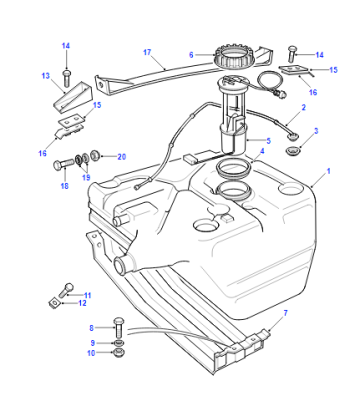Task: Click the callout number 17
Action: [147, 52]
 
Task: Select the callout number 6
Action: [191, 55]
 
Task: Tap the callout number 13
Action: [45, 76]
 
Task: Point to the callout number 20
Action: [122, 157]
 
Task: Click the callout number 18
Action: [64, 186]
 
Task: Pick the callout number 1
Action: [328, 171]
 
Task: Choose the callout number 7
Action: [285, 313]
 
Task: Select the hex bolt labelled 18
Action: [64, 164]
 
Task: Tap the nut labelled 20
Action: [95, 155]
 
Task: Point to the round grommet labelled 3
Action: [293, 150]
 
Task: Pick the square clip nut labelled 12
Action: [53, 303]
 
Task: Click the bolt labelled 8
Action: [119, 327]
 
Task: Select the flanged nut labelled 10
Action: [119, 353]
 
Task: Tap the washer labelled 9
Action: [119, 343]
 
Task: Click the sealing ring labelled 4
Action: [233, 167]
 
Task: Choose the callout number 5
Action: [269, 141]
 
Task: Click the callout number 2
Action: [304, 107]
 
